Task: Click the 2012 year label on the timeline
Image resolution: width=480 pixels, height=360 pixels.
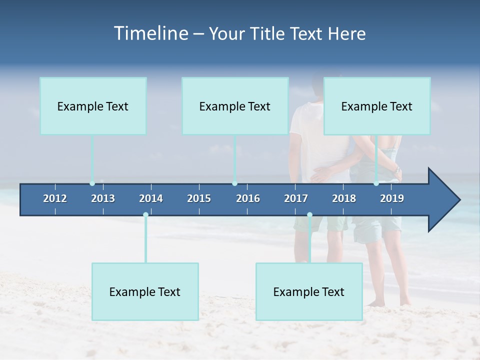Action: point(55,198)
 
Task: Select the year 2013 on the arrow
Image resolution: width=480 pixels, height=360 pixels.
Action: point(103,198)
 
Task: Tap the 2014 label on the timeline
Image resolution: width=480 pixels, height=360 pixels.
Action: point(151,198)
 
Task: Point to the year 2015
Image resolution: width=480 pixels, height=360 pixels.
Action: point(199,198)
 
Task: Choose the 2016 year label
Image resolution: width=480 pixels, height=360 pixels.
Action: point(248,198)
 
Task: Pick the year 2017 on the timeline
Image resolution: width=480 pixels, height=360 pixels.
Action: point(296,198)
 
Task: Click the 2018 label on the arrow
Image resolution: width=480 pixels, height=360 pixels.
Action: point(344,198)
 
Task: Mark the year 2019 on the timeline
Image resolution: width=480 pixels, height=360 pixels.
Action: point(392,198)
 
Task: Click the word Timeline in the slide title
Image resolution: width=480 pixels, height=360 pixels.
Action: point(150,33)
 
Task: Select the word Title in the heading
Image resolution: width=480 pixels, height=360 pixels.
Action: point(268,34)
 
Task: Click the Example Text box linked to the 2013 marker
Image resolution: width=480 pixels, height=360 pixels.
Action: point(93,106)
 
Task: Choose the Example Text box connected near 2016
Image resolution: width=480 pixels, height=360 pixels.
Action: point(235,106)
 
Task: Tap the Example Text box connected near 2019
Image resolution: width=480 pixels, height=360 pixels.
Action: point(377,106)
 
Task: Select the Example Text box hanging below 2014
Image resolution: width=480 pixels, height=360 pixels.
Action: point(145,291)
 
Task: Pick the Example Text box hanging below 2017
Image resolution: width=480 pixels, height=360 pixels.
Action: point(309,291)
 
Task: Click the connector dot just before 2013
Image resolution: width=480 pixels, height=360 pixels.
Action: point(92,183)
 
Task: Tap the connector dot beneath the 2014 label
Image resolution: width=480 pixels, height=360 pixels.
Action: point(145,214)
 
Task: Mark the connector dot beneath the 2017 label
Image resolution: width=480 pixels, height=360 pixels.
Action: point(309,214)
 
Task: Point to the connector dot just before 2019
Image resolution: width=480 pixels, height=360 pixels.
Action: point(376,183)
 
